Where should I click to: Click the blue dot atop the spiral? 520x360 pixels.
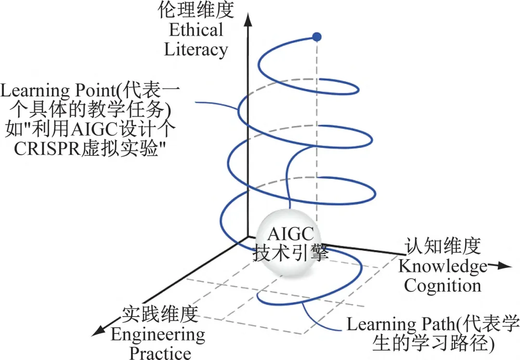tap(316, 37)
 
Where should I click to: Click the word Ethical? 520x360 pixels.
tap(196, 30)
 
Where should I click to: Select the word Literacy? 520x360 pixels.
tap(196, 49)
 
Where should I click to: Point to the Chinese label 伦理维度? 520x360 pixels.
tap(196, 10)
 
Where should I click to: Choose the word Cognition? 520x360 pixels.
tap(442, 285)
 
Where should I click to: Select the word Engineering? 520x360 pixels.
tap(158, 334)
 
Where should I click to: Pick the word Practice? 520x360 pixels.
tap(160, 352)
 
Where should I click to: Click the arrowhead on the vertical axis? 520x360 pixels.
tap(247, 19)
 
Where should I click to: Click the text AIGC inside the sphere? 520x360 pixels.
tap(291, 234)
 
